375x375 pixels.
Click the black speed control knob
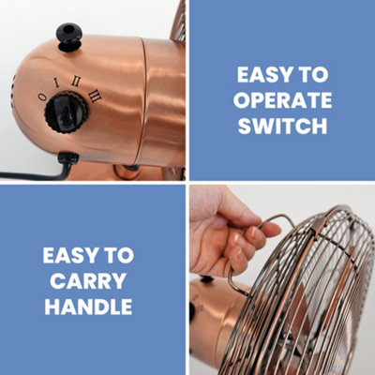[x=67, y=112]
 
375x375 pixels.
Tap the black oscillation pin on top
[x=68, y=37]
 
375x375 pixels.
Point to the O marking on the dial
[x=42, y=97]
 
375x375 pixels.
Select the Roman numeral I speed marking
[x=56, y=82]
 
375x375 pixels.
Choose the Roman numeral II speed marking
[x=76, y=82]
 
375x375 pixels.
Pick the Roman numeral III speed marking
[x=95, y=96]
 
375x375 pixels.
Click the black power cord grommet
[x=67, y=158]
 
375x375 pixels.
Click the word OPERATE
[x=282, y=100]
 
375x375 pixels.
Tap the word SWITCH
[x=282, y=126]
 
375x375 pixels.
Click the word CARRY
[x=88, y=281]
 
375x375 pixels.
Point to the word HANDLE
[x=88, y=307]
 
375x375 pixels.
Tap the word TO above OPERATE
[x=313, y=75]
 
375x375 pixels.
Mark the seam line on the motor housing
[x=144, y=100]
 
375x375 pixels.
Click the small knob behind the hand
[x=206, y=279]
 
